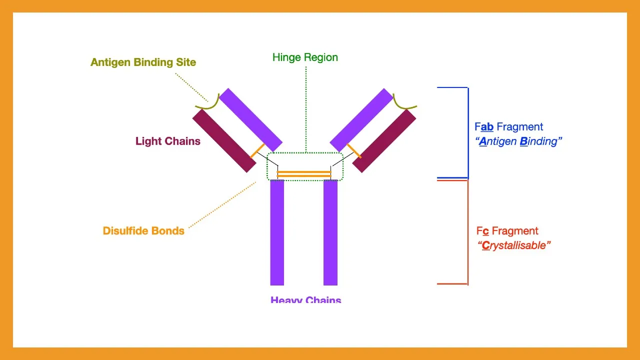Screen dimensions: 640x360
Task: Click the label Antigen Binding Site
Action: coord(143,62)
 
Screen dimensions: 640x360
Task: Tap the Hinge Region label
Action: coord(305,57)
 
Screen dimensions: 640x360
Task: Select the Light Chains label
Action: coord(167,141)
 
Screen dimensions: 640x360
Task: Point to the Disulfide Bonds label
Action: coord(143,231)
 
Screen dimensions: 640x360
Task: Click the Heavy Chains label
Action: coord(305,300)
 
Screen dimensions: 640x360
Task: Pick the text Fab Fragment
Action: coord(508,127)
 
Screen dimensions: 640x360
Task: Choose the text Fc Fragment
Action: coord(507,231)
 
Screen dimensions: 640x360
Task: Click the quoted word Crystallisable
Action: coord(513,245)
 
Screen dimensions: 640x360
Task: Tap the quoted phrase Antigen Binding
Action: coord(518,141)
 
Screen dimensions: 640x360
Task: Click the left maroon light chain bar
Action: coord(224,140)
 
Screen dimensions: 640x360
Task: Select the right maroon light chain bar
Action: coord(384,140)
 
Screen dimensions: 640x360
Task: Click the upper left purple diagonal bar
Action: coord(251,119)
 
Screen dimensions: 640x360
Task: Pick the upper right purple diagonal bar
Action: coord(361,120)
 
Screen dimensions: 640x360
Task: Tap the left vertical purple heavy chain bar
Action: coord(277,232)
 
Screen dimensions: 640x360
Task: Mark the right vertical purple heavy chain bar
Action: coord(330,232)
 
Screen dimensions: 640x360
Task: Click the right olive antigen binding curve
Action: coord(402,102)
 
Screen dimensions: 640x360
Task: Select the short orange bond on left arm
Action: coord(257,150)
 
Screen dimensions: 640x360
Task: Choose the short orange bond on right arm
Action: coord(354,150)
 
